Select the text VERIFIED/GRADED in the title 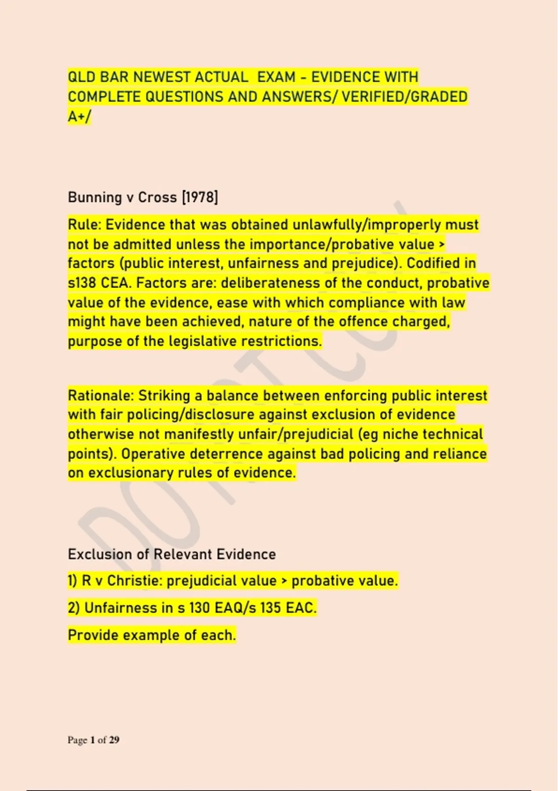pos(405,97)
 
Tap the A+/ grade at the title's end pos(80,116)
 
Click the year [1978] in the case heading pos(200,197)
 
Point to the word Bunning pos(94,197)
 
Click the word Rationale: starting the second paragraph pos(100,395)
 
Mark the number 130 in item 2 pos(199,608)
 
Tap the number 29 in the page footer pos(114,740)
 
